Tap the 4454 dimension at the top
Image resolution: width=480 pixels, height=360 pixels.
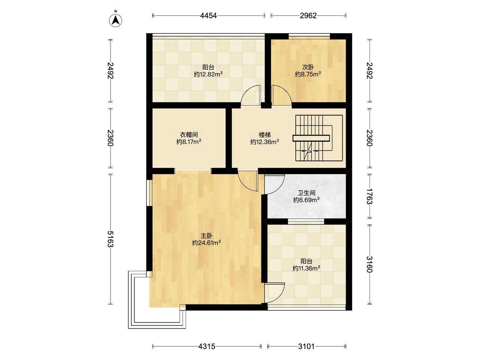click(209, 16)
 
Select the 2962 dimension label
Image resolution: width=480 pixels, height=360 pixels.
click(308, 16)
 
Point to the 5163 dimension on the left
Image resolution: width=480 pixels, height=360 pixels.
click(111, 239)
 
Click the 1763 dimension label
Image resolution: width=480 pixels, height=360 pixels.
click(369, 197)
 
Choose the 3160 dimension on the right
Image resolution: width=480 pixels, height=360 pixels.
click(369, 264)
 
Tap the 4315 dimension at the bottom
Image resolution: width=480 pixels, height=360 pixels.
click(207, 346)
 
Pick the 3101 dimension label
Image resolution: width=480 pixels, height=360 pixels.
click(306, 346)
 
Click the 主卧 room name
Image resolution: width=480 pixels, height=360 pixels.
click(207, 236)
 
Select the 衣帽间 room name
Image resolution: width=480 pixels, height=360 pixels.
click(189, 135)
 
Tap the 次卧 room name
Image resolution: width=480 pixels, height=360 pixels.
click(308, 67)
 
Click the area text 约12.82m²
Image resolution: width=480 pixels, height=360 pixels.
click(208, 74)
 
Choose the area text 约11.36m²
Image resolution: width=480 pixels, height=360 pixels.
click(306, 268)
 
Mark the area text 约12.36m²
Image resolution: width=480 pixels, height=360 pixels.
click(265, 142)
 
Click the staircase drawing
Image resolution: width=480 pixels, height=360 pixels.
click(319, 138)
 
